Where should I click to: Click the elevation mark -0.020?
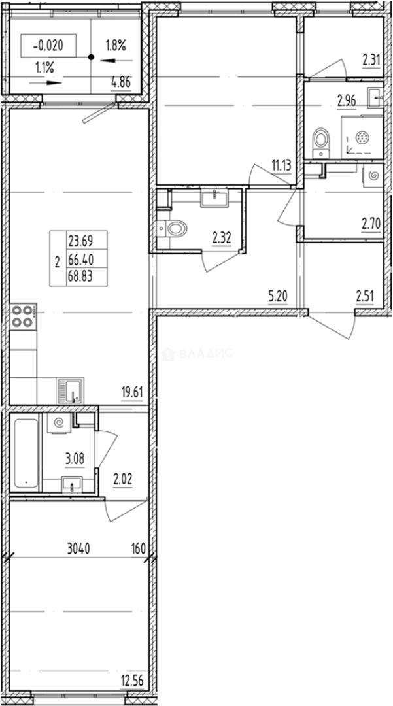pyautogui.click(x=48, y=45)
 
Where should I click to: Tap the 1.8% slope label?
pyautogui.click(x=116, y=46)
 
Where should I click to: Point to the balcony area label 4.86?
pyautogui.click(x=122, y=82)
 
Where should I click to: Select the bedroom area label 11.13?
pyautogui.click(x=281, y=165)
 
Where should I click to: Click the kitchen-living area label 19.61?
pyautogui.click(x=132, y=393)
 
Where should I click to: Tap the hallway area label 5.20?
pyautogui.click(x=278, y=296)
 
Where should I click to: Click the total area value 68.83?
pyautogui.click(x=80, y=276)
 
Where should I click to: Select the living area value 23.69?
pyautogui.click(x=80, y=242)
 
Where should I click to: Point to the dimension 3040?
pyautogui.click(x=78, y=549)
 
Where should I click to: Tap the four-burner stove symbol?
pyautogui.click(x=23, y=317)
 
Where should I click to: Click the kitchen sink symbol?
pyautogui.click(x=70, y=390)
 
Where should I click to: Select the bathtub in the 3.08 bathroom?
pyautogui.click(x=26, y=453)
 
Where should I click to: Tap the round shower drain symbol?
pyautogui.click(x=362, y=138)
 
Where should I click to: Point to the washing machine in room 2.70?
pyautogui.click(x=373, y=175)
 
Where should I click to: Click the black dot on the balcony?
pyautogui.click(x=92, y=57)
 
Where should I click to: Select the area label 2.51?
pyautogui.click(x=365, y=296)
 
